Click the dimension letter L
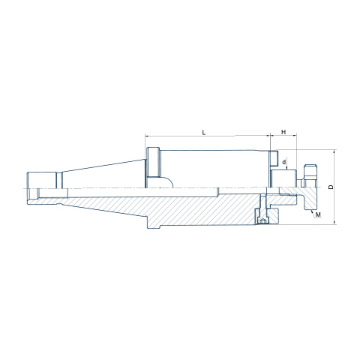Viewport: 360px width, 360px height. (x=204, y=133)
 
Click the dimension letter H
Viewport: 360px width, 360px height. (x=283, y=132)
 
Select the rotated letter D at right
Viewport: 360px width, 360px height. (x=331, y=187)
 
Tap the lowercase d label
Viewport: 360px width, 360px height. (x=284, y=162)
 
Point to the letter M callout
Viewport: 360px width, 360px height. (x=318, y=214)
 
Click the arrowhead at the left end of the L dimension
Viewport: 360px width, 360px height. (x=147, y=136)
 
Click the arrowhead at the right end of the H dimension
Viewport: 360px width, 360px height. (x=295, y=136)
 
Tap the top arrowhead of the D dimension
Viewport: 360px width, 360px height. (x=335, y=151)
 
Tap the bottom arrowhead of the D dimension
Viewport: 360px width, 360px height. (x=335, y=222)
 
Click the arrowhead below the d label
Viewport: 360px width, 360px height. (x=287, y=168)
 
